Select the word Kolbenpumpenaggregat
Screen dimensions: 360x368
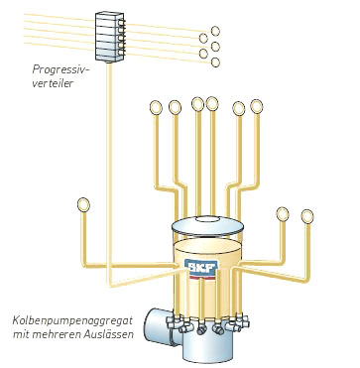(72, 320)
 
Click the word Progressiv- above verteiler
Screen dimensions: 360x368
(61, 70)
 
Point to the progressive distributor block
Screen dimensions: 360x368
(110, 37)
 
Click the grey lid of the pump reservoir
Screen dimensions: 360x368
(207, 225)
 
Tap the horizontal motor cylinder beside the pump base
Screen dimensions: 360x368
(159, 327)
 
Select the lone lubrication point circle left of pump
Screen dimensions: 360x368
(83, 204)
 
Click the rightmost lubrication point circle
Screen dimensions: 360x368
(307, 216)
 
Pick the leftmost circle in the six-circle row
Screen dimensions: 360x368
(156, 107)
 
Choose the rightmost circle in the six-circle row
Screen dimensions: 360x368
(257, 106)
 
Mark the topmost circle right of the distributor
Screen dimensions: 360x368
(215, 31)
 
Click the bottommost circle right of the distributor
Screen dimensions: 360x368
(215, 62)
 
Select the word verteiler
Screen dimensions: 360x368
(53, 83)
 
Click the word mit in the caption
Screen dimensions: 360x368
(19, 334)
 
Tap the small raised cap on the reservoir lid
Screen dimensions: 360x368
(209, 219)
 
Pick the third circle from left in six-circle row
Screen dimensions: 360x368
(197, 104)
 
